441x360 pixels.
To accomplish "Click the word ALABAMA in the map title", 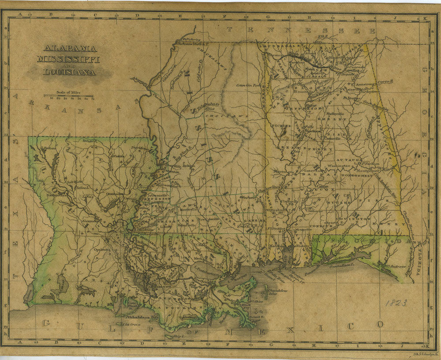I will pos(71,49).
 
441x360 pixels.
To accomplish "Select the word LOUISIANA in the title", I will pos(69,72).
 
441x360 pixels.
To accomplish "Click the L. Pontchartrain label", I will pos(209,268).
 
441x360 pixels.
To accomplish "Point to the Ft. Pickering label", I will pos(193,40).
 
